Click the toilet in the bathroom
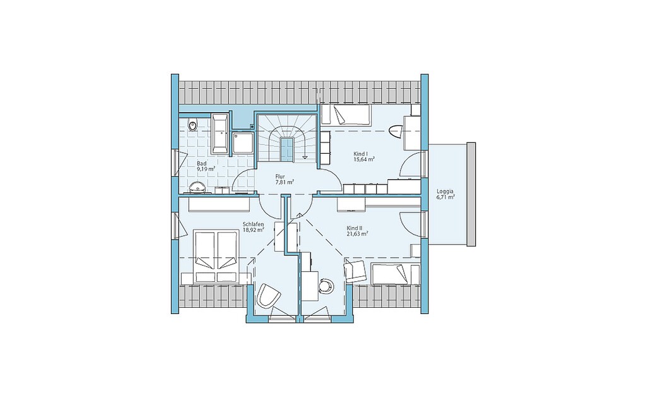click(192, 124)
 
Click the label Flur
click(280, 177)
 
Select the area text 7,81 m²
click(285, 182)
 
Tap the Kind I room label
click(359, 154)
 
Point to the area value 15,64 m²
click(364, 160)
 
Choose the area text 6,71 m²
click(445, 197)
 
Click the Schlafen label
click(253, 224)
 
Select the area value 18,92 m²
click(253, 230)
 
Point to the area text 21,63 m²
click(357, 233)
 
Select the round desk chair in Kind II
click(326, 285)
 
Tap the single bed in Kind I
click(346, 115)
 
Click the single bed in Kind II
click(396, 274)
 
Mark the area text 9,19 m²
click(206, 169)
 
